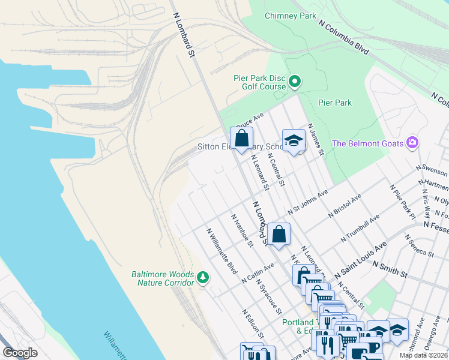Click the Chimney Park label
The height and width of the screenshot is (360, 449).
tap(291, 16)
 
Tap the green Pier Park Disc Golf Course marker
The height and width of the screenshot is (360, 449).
tap(295, 81)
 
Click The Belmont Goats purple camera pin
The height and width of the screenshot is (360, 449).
tap(412, 143)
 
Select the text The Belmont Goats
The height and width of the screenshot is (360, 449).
tap(367, 143)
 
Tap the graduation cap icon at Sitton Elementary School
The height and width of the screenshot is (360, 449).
tap(294, 140)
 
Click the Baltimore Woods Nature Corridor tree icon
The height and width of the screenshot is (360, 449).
tap(203, 277)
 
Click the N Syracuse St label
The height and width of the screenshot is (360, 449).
tap(270, 296)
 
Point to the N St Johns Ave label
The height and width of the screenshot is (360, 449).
tap(308, 203)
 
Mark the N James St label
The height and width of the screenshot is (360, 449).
tap(316, 140)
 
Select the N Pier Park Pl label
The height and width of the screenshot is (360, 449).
tap(402, 201)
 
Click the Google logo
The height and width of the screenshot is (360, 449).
tap(20, 352)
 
